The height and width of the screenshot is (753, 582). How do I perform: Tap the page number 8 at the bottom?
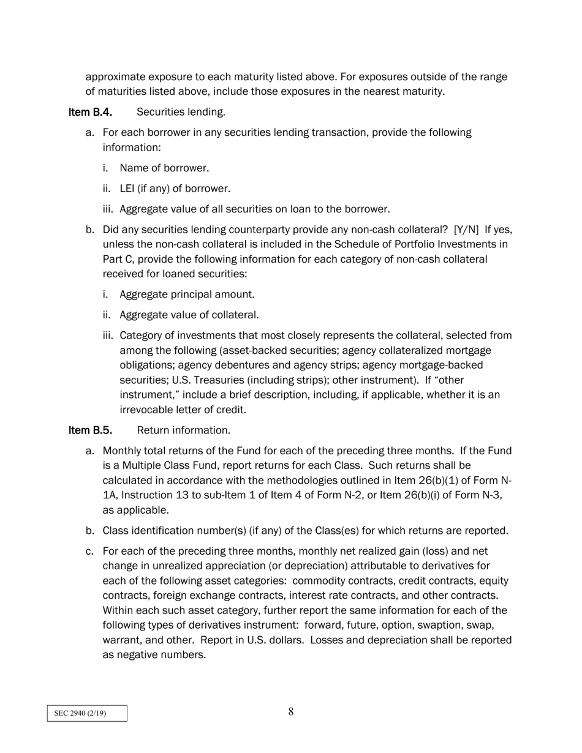pyautogui.click(x=291, y=711)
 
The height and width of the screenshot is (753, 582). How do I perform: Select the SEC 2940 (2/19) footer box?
pyautogui.click(x=87, y=713)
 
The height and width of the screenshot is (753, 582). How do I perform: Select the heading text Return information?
pyautogui.click(x=183, y=430)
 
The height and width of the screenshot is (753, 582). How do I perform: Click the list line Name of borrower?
pyautogui.click(x=164, y=168)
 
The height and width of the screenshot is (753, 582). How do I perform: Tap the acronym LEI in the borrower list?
pyautogui.click(x=127, y=189)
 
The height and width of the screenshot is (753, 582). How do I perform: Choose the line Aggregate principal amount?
pyautogui.click(x=187, y=294)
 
